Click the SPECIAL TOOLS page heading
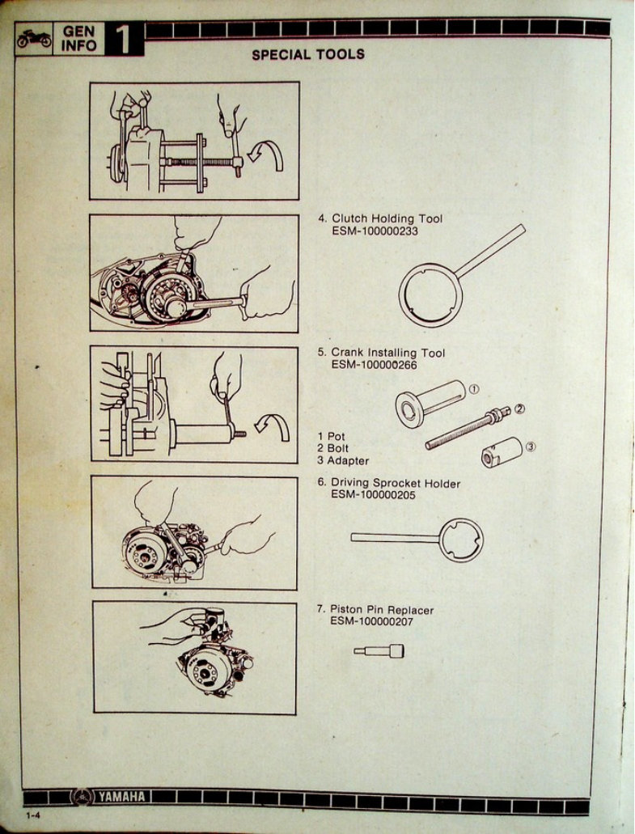coord(307,55)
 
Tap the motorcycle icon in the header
coord(34,39)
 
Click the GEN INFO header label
coord(78,39)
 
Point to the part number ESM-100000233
coord(375,231)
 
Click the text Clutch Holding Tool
coord(387,218)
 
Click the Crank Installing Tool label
coord(387,353)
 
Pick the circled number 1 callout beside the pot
coord(474,389)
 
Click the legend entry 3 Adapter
coord(343,461)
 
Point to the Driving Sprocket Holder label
coord(396,484)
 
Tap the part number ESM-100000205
coord(374,495)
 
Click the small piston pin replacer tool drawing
coord(379,650)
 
